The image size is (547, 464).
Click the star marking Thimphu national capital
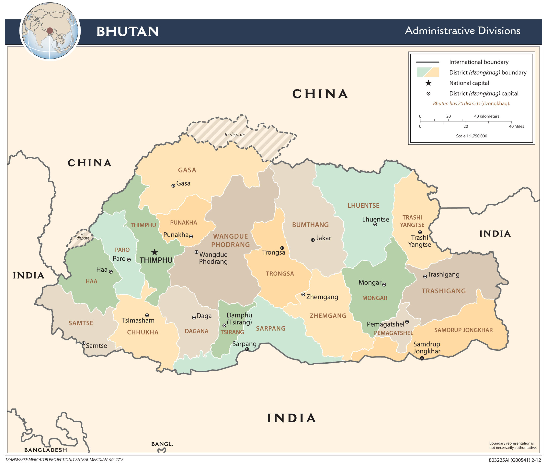[155, 252]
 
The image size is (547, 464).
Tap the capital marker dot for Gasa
[173, 186]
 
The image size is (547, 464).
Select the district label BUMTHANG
[310, 225]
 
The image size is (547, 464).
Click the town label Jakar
[323, 238]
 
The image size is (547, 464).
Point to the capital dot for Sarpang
[247, 349]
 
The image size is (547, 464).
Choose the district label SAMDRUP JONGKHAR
[463, 330]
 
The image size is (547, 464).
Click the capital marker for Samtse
[84, 343]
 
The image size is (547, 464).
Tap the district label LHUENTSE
[363, 206]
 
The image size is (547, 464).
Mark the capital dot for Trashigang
[425, 276]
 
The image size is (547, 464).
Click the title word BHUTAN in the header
[128, 32]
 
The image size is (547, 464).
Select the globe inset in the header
[50, 31]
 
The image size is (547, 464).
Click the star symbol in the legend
[428, 83]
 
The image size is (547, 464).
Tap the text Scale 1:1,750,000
[471, 136]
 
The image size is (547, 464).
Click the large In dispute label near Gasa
[235, 135]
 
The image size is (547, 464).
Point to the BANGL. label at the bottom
[162, 444]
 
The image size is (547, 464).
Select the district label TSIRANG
[232, 332]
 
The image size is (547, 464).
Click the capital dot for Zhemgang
[303, 294]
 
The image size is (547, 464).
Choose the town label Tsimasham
[138, 320]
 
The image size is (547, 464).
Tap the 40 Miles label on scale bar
[516, 127]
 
